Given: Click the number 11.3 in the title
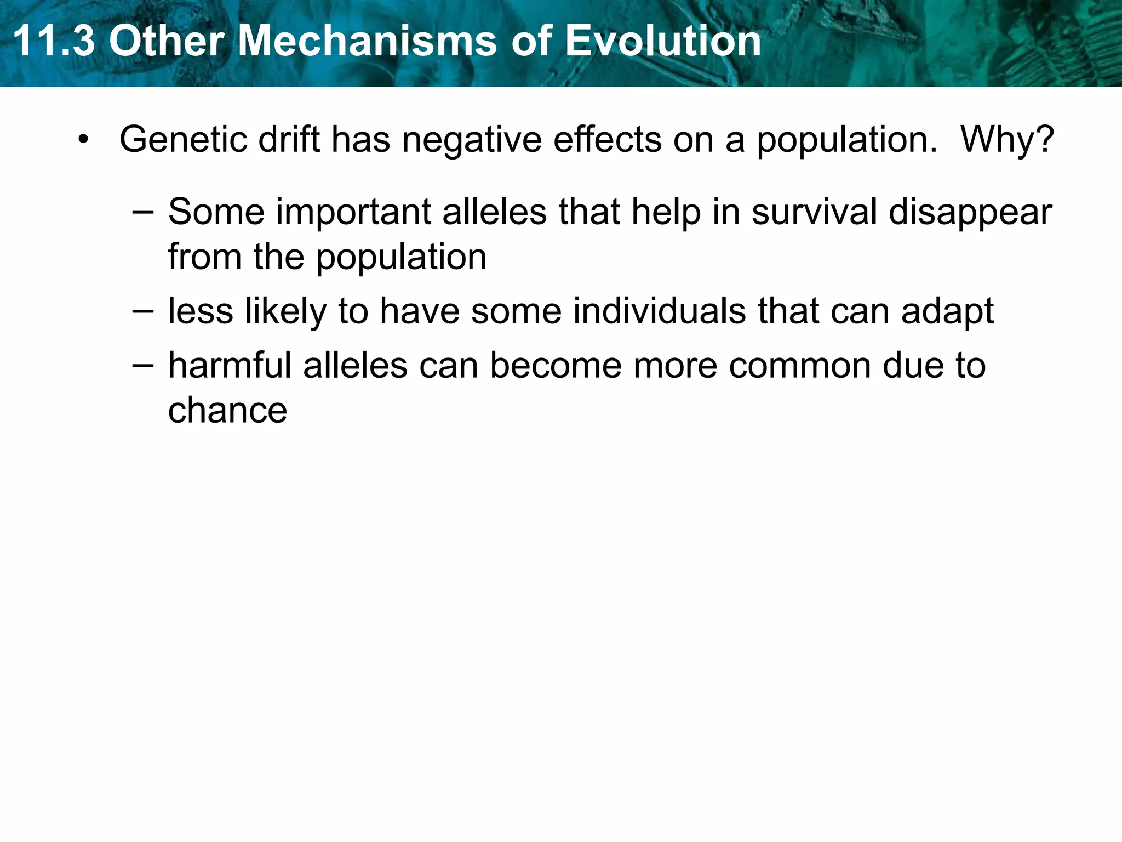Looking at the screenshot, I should (x=53, y=41).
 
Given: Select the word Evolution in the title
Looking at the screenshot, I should (x=663, y=41).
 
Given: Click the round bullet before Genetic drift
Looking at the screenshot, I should (x=83, y=139).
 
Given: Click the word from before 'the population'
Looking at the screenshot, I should (x=204, y=257).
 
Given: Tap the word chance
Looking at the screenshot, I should (x=227, y=411).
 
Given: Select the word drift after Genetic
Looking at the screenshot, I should (x=289, y=139).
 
